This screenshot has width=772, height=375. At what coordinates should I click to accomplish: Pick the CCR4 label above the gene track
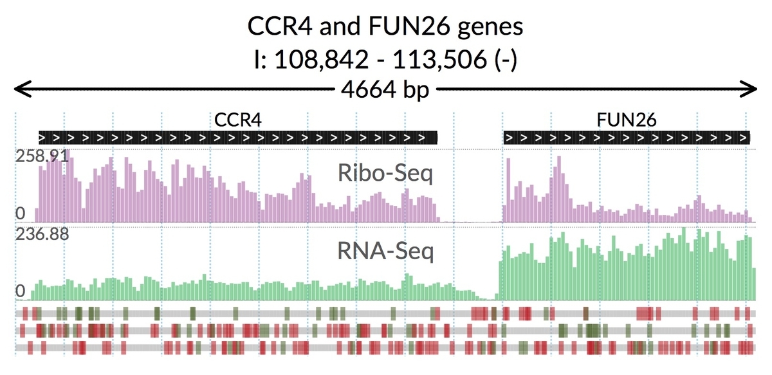[238, 120]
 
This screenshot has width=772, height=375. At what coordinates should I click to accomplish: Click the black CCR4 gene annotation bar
[238, 137]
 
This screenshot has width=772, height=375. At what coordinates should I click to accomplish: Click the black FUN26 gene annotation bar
[627, 137]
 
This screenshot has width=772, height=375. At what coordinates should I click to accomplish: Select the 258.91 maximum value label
[41, 156]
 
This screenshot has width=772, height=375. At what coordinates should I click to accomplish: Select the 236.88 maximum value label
[41, 233]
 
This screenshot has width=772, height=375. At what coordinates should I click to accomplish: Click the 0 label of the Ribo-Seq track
[21, 214]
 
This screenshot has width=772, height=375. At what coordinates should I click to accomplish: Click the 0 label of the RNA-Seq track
[21, 292]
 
